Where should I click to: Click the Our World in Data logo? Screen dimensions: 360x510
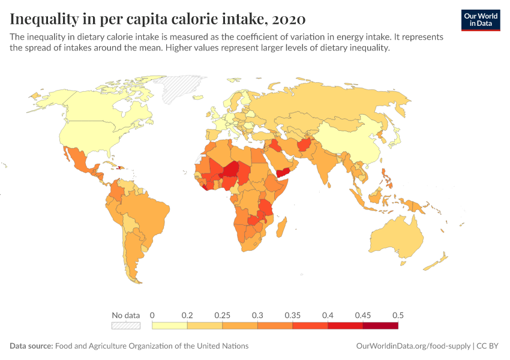[480, 20]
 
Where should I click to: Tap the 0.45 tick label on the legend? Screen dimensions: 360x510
[362, 315]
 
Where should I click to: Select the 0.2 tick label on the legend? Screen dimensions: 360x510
[187, 315]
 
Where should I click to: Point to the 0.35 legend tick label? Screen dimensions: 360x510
[292, 315]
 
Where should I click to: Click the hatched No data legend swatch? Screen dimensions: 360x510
[126, 326]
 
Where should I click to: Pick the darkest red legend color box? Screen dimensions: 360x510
[380, 326]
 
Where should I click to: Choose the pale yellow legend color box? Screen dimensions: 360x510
[170, 326]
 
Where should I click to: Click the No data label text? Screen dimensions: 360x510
[126, 315]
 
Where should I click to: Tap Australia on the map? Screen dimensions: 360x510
[396, 237]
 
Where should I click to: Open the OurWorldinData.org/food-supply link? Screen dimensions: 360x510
[413, 346]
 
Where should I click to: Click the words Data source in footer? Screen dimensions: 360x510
[31, 346]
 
